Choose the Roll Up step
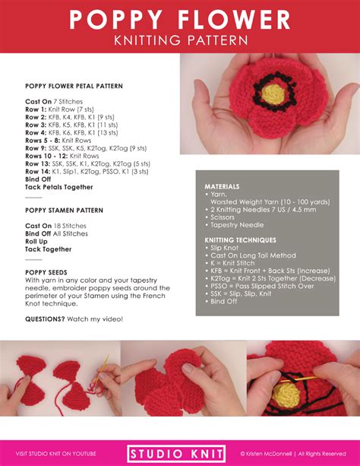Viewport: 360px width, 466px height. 39,241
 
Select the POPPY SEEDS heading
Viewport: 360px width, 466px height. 46,271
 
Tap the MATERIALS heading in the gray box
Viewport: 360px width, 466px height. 223,186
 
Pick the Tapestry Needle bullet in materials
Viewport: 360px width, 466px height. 239,224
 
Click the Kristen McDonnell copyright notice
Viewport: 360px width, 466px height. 292,453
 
